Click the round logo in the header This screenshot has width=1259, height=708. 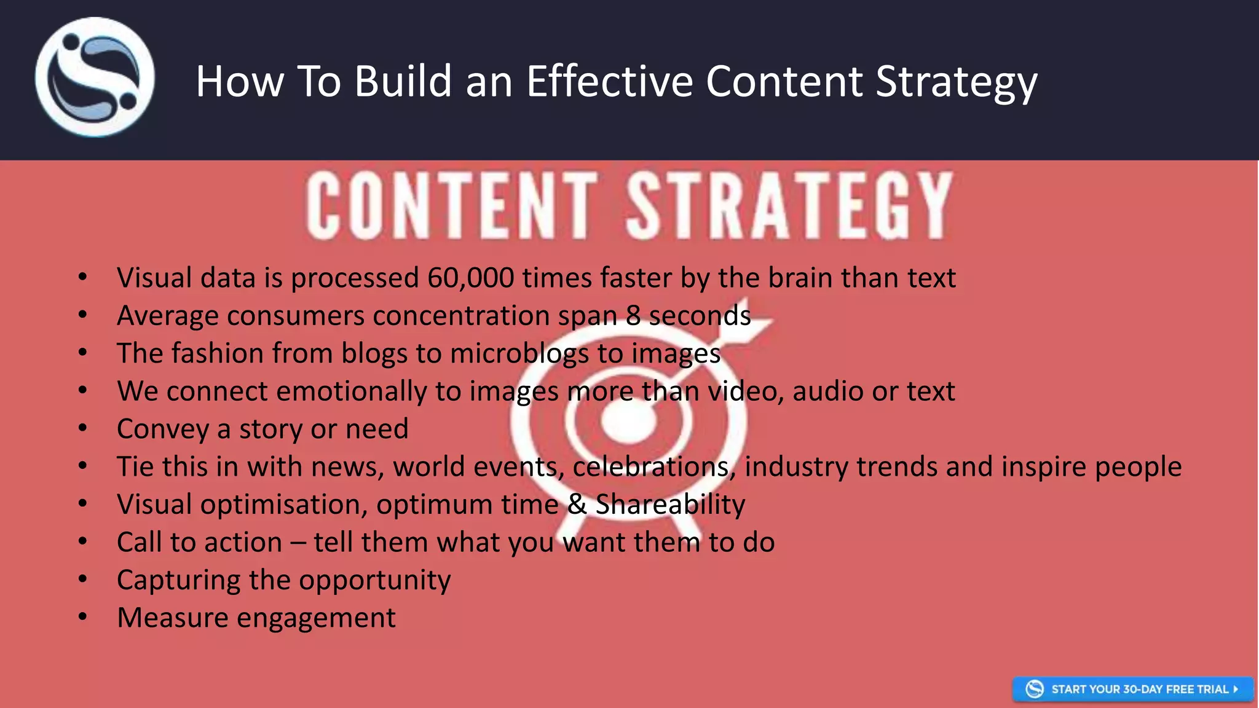(95, 77)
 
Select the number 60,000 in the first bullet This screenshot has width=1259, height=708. (471, 278)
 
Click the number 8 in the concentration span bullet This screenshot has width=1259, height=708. (633, 316)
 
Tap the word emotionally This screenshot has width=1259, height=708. (352, 391)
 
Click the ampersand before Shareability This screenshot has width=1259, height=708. (577, 504)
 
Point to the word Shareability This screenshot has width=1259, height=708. (670, 505)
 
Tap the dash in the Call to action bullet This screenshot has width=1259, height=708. (298, 543)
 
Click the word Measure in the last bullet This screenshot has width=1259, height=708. (173, 618)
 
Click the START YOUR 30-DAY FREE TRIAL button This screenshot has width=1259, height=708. (1132, 689)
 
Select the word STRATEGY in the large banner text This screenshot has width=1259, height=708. (789, 205)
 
